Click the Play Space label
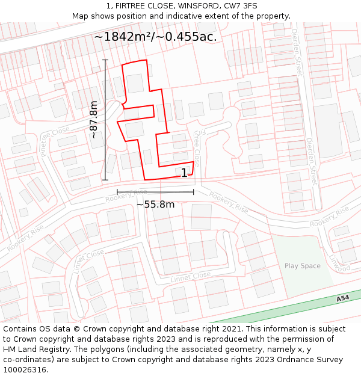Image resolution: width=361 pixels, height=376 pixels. coord(303,266)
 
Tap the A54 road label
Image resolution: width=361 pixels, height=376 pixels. coord(342,298)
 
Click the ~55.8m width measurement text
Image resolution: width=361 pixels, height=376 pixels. coord(155,205)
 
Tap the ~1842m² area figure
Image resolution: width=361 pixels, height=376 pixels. coord(123,37)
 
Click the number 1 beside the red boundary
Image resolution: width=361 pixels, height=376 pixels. coord(184,173)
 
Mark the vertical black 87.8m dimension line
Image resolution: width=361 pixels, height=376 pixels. coord(105,120)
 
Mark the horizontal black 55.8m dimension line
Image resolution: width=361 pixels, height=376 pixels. coord(155,193)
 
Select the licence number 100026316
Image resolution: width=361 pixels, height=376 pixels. coord(25,370)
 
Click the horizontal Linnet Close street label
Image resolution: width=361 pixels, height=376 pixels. coord(190,277)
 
